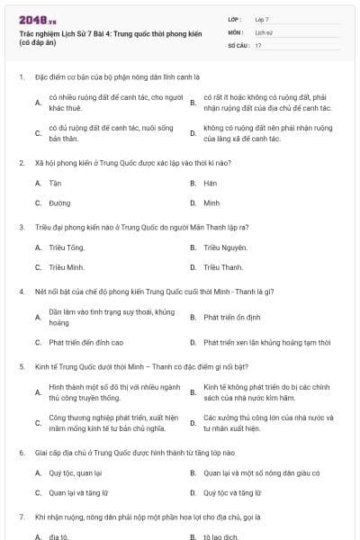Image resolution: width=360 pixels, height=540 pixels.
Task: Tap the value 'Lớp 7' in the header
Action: point(262,18)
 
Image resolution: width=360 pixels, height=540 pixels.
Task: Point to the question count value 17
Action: point(258,44)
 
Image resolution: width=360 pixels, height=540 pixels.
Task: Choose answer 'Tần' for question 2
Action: point(55,183)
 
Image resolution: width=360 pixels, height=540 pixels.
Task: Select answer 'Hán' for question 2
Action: point(211,183)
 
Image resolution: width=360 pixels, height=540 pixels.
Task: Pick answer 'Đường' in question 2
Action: point(59,203)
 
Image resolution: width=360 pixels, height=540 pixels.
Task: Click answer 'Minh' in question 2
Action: point(211,203)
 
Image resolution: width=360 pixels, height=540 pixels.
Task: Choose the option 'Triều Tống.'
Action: point(67,247)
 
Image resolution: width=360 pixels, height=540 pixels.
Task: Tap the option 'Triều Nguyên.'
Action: point(224,247)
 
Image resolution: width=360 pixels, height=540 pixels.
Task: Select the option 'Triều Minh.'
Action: point(67,267)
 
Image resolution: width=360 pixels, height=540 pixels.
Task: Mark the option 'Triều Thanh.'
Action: point(223,267)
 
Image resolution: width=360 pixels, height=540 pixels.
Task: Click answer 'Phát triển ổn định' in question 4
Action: point(231,317)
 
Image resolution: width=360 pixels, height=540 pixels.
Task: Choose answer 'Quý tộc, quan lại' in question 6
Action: point(76,472)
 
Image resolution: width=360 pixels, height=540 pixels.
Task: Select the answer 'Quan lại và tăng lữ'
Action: point(78,493)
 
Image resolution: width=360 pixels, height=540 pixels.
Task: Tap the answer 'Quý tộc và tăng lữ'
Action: point(232,493)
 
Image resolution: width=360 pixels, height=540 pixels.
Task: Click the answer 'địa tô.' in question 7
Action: point(58,536)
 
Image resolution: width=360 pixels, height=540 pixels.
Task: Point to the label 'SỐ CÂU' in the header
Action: point(238,44)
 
